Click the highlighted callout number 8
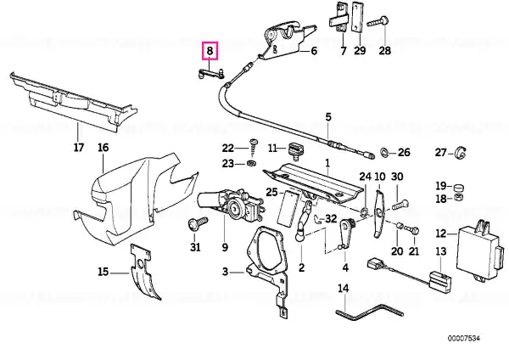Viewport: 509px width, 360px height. (x=210, y=51)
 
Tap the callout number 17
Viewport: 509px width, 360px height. (x=79, y=147)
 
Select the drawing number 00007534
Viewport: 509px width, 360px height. (x=464, y=339)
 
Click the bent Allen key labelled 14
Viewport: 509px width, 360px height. (x=369, y=312)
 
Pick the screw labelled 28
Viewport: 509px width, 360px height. (x=378, y=22)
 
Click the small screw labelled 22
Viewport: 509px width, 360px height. (x=253, y=147)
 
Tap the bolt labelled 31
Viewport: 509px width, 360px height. (x=197, y=223)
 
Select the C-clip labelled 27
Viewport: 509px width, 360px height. (x=461, y=154)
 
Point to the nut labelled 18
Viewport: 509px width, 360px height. (x=458, y=197)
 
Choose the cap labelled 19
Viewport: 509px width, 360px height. (x=458, y=187)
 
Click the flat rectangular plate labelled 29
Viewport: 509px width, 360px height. (x=357, y=18)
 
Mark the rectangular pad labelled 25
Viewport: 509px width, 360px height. (x=288, y=209)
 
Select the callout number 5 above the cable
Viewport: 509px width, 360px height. (x=328, y=116)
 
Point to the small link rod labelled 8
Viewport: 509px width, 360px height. (x=210, y=74)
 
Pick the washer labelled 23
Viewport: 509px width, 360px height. (x=250, y=162)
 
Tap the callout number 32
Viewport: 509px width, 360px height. (x=331, y=218)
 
